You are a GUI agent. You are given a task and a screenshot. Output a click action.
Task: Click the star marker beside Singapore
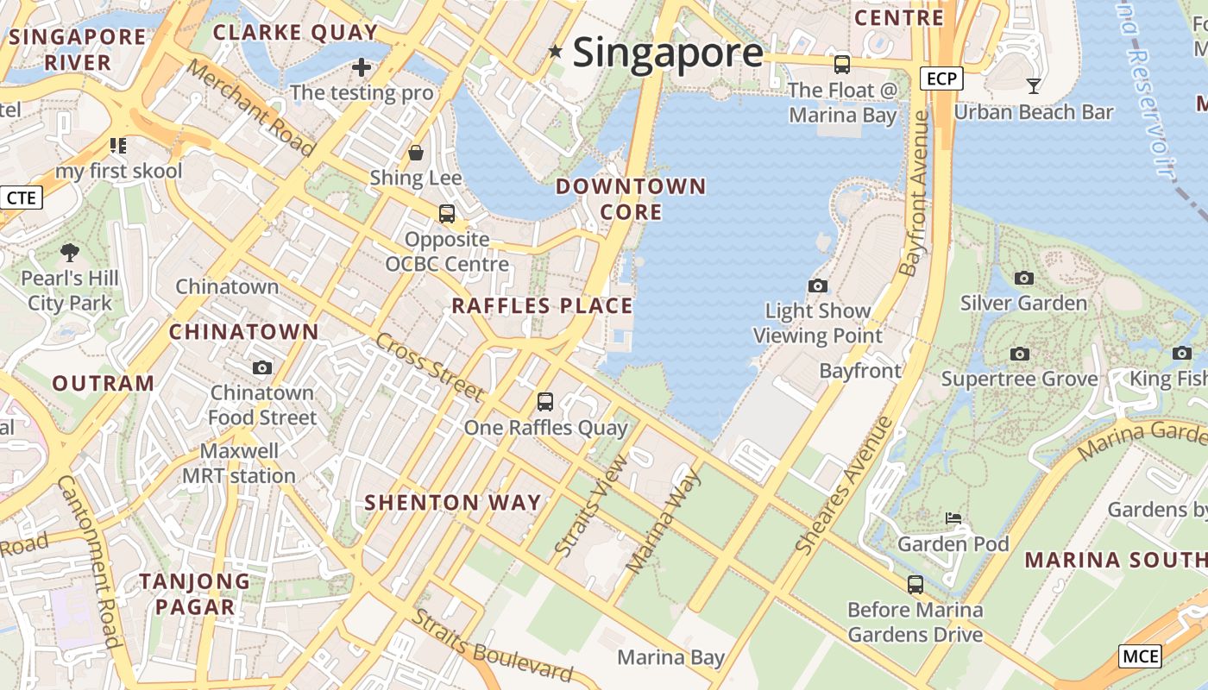(556, 53)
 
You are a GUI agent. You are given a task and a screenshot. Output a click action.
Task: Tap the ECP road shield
(941, 79)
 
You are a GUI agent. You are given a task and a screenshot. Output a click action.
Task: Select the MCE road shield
(1140, 656)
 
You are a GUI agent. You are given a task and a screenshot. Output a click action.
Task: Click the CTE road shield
(21, 198)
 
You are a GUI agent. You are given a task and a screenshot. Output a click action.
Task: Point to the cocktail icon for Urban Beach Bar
(1033, 85)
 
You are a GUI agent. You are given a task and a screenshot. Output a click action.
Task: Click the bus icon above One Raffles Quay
(544, 401)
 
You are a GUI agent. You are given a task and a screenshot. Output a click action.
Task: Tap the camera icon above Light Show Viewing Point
(817, 285)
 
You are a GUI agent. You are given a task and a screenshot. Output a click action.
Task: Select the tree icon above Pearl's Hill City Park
(70, 253)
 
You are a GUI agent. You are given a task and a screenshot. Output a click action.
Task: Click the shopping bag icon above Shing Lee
(416, 153)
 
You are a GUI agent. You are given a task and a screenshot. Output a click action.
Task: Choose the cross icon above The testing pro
(362, 66)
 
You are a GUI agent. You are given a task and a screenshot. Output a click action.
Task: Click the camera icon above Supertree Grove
(1019, 354)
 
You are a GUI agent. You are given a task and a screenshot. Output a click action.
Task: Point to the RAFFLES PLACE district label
(542, 306)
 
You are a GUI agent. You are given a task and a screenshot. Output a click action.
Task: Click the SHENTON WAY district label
(453, 503)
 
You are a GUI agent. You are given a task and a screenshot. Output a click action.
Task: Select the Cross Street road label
(429, 367)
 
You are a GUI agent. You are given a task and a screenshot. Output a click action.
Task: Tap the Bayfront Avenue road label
(916, 193)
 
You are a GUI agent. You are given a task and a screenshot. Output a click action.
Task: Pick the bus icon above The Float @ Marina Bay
(841, 64)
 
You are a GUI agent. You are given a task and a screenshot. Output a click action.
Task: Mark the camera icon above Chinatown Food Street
(262, 368)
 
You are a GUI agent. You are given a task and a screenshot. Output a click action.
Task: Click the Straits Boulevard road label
(492, 646)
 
